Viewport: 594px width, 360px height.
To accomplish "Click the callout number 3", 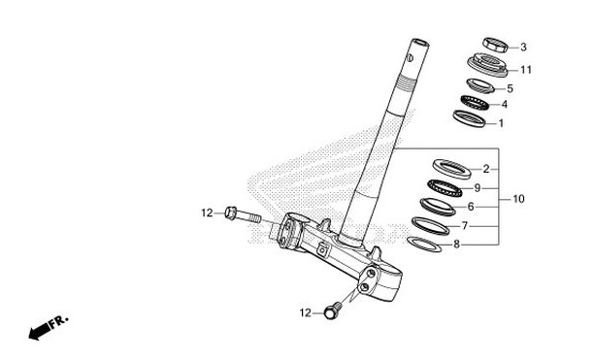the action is pos(523,47).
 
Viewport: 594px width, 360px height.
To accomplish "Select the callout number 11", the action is pos(525,69).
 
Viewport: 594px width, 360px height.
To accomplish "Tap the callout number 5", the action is pos(523,88).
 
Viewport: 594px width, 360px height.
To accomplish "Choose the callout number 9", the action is pos(477,188).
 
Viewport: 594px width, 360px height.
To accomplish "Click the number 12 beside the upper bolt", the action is pos(206,213).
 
